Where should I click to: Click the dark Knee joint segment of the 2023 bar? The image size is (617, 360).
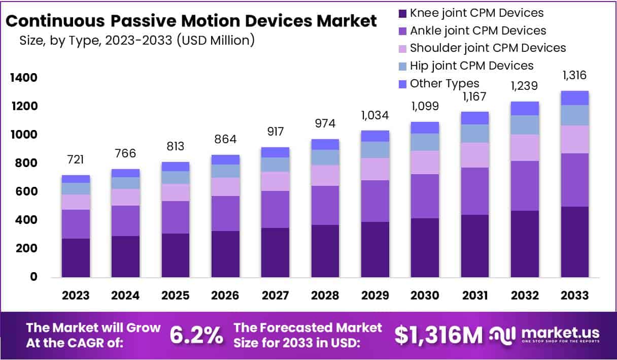(x=76, y=257)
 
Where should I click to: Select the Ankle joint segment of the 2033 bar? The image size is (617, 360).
(x=574, y=180)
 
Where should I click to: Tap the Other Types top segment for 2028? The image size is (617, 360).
(x=325, y=144)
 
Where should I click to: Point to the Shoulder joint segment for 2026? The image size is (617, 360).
(x=225, y=186)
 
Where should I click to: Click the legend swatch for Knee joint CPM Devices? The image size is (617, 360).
(x=403, y=13)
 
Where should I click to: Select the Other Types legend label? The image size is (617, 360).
(x=444, y=83)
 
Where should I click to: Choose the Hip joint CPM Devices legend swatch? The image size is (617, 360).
(x=403, y=66)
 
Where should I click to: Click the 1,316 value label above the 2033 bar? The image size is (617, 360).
(x=574, y=76)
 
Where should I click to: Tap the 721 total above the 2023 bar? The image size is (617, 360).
(x=76, y=160)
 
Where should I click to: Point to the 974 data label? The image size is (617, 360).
(x=325, y=124)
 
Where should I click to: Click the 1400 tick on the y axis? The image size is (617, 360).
(x=22, y=78)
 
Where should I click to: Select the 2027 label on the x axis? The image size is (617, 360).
(x=276, y=296)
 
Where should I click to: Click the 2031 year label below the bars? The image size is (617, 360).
(x=475, y=296)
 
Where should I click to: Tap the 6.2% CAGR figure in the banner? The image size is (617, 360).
(x=196, y=335)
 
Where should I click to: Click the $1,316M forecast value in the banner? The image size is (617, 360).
(x=438, y=335)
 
